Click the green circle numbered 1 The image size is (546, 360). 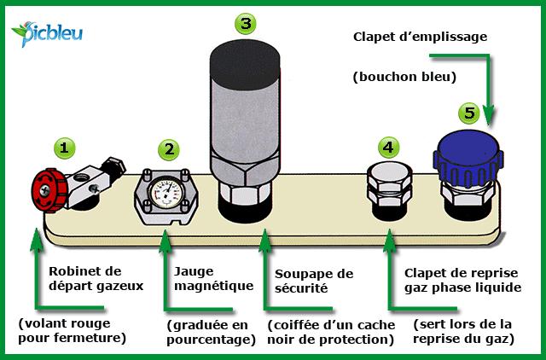tap(63, 147)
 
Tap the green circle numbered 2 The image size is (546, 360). tap(171, 148)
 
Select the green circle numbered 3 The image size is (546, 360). tap(246, 23)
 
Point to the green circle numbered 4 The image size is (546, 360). tap(388, 147)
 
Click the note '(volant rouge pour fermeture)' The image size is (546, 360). tap(73, 331)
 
